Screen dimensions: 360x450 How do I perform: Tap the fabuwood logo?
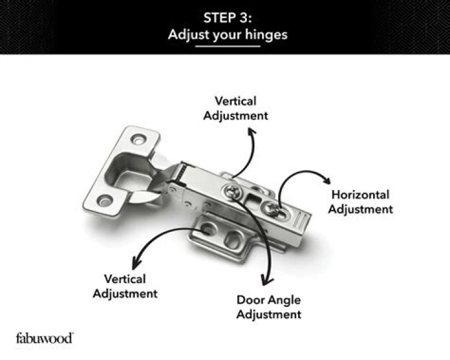[x=44, y=337]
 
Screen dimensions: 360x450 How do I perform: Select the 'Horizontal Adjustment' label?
[x=360, y=202]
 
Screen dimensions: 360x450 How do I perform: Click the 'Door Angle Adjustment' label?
[x=269, y=306]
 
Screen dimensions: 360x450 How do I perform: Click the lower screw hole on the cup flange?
[x=104, y=200]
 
